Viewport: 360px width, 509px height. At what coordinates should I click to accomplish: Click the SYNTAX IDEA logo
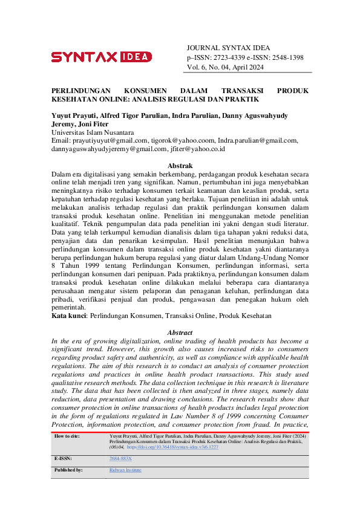click(x=101, y=57)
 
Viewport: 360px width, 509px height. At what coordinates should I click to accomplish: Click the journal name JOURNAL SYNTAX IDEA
click(x=229, y=48)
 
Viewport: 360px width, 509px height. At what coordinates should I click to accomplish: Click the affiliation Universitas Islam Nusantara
click(x=93, y=132)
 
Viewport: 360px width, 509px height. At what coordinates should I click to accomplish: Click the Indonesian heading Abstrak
click(x=180, y=166)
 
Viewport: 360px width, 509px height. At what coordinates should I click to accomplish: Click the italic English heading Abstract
click(x=180, y=332)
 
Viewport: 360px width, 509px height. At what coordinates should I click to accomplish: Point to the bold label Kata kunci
click(x=67, y=315)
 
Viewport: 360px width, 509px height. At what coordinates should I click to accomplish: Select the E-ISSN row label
click(x=63, y=459)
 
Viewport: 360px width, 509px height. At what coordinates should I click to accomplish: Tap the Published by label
click(x=68, y=470)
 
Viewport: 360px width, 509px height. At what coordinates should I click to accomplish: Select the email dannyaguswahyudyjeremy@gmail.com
click(x=108, y=148)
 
